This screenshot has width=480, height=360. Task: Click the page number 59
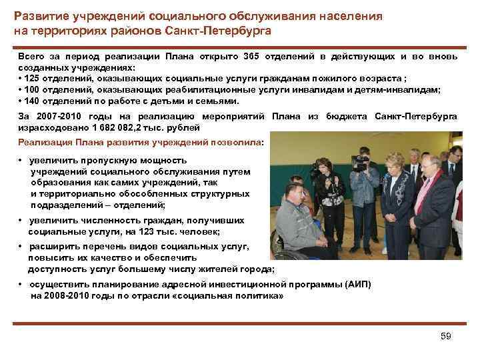click(x=446, y=336)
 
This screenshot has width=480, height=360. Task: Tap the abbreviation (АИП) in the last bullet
click(x=357, y=284)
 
